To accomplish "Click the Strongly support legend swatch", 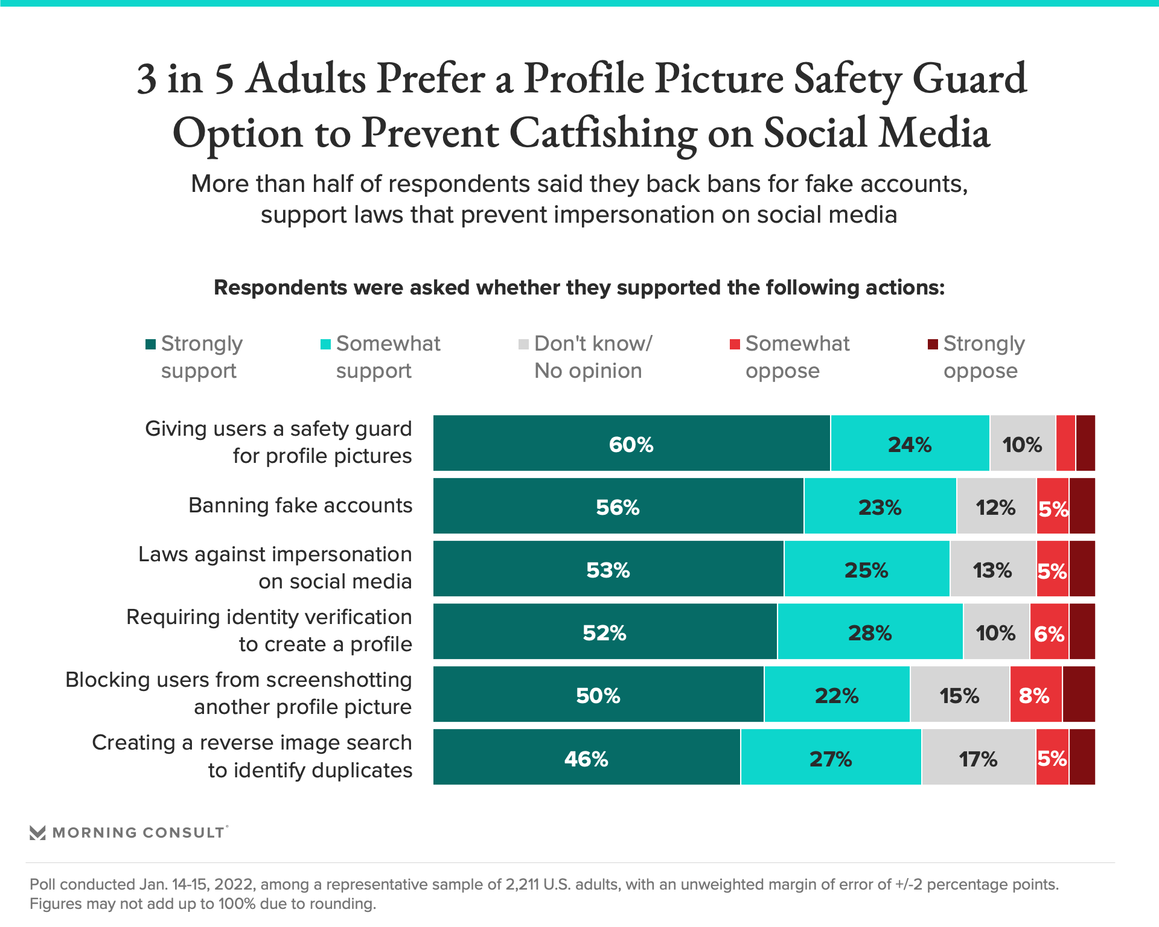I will pos(151,344).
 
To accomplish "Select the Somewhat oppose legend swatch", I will pos(735,344).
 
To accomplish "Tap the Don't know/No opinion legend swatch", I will pos(523,344).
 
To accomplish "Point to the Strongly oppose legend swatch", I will pos(933,344).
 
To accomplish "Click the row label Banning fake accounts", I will pos(300,505).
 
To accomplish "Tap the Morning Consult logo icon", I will pos(37,833).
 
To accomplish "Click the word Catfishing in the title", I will pos(603,133).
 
